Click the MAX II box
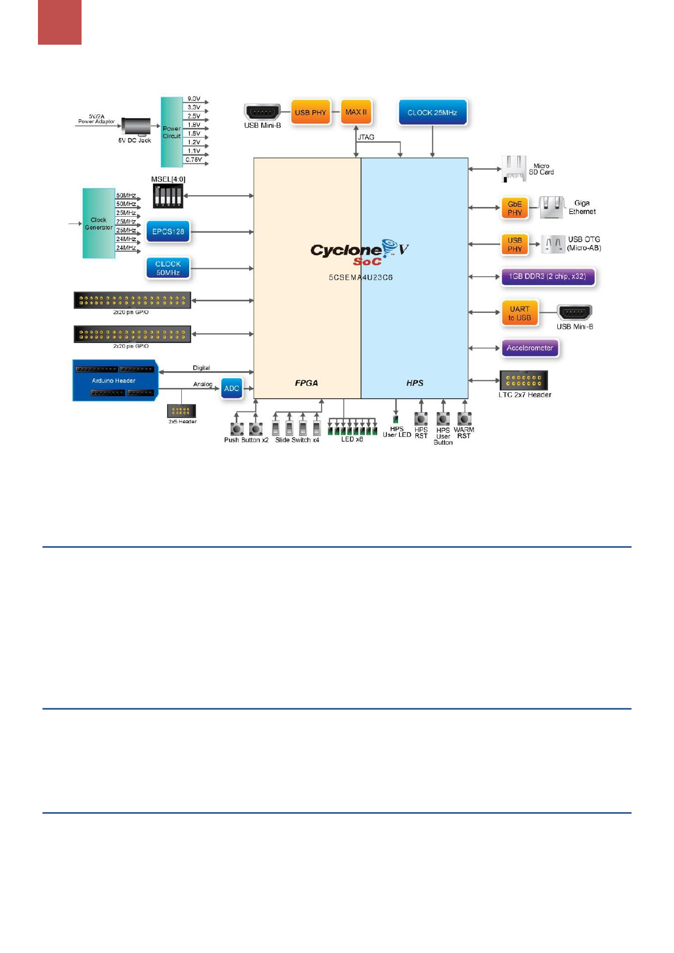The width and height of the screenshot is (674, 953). tap(356, 112)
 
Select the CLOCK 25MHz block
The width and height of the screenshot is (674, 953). tap(432, 113)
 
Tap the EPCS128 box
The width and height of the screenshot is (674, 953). tap(168, 231)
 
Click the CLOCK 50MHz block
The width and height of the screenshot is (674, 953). tap(168, 268)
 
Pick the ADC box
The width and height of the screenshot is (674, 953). tap(232, 388)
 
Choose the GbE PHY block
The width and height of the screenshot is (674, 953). tap(514, 208)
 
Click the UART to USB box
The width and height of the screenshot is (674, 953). tap(519, 314)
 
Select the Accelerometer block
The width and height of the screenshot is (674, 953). tap(530, 348)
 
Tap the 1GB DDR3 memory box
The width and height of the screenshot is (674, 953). tap(547, 277)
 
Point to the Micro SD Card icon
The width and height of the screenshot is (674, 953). tap(514, 169)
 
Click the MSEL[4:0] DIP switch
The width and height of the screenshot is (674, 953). tap(168, 196)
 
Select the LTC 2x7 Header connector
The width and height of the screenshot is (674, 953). tap(523, 380)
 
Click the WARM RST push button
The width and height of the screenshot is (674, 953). tap(464, 419)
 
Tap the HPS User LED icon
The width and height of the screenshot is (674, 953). tap(395, 420)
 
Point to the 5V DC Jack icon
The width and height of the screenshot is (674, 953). tap(136, 127)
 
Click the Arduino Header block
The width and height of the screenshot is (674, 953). tap(115, 380)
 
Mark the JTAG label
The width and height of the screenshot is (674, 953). tap(366, 137)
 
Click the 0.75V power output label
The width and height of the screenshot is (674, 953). tap(194, 160)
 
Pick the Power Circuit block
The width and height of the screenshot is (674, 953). tap(172, 132)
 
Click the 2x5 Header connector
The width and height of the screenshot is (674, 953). tap(181, 411)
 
